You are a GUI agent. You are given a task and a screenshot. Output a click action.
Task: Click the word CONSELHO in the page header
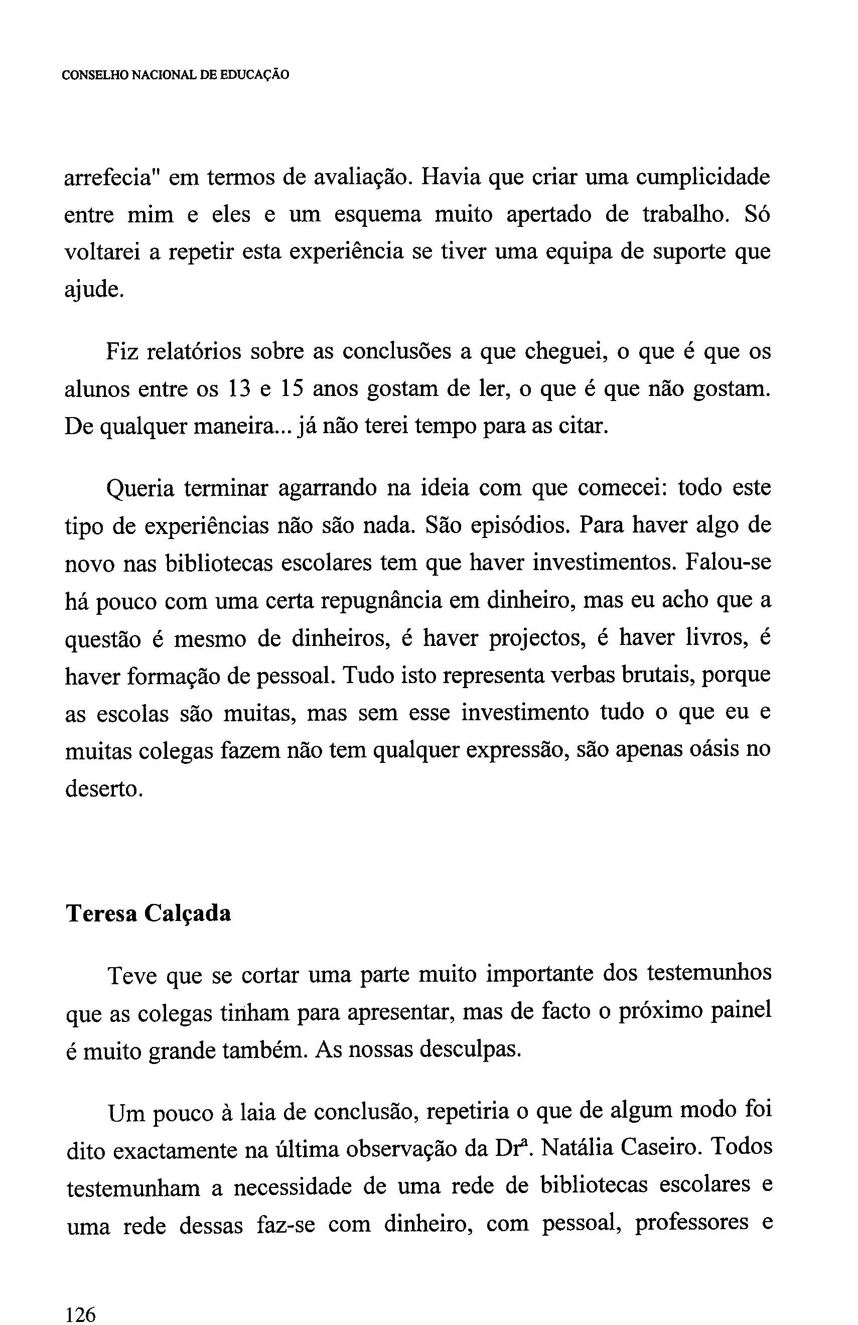94,75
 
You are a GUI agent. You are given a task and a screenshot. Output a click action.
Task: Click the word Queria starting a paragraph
139,489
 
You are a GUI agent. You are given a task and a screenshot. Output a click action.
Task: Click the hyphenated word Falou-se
728,563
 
